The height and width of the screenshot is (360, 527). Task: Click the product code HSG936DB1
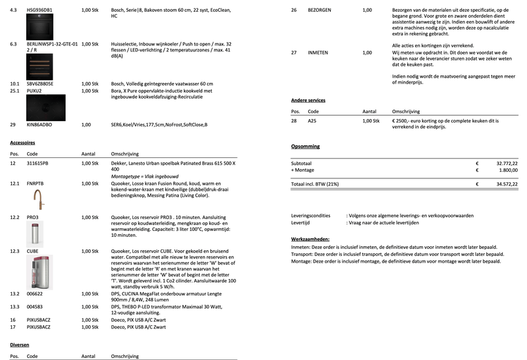click(x=40, y=11)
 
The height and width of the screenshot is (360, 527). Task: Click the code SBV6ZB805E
click(x=40, y=84)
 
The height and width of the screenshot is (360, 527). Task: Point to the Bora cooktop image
click(x=46, y=107)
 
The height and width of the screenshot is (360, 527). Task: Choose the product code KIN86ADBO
click(x=40, y=124)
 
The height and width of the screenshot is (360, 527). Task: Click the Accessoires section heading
click(x=22, y=142)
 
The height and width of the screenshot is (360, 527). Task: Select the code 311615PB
click(x=38, y=163)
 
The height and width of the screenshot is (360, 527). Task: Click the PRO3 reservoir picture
click(x=34, y=233)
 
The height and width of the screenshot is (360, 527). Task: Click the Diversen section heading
click(x=19, y=345)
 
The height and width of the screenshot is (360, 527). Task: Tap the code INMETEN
click(x=318, y=52)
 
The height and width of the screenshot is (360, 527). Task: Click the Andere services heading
click(x=308, y=100)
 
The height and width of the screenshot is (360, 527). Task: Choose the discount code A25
click(x=312, y=122)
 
